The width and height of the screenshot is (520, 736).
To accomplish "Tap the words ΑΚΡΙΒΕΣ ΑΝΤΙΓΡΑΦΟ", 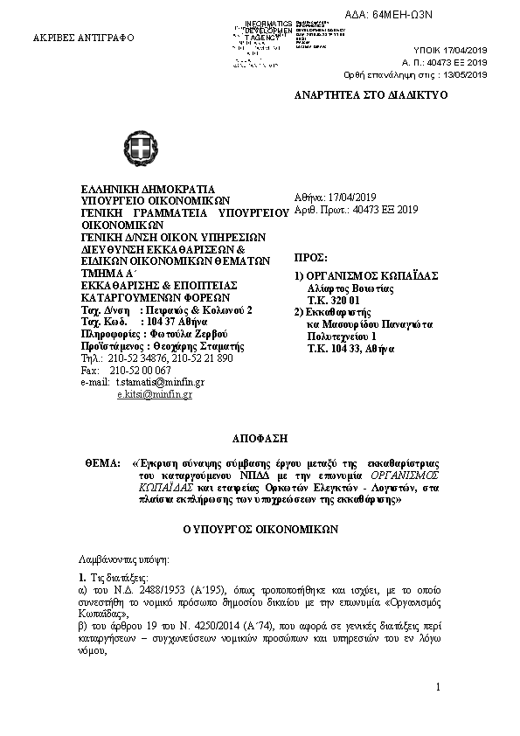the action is coord(78,39).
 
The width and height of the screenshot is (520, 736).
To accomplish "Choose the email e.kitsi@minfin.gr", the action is coord(154,394).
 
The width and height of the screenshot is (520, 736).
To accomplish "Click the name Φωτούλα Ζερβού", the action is coord(168,334).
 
